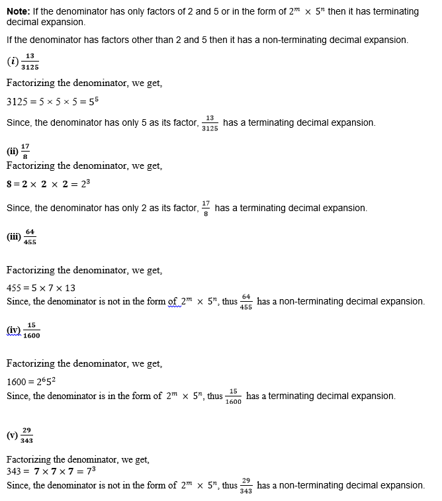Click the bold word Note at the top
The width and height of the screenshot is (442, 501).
pos(19,12)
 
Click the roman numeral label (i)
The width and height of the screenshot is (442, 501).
pos(13,62)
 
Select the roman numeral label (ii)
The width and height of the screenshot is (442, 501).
pos(13,150)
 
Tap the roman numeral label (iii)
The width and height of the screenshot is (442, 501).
pos(14,237)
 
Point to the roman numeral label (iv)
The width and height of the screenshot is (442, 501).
pos(13,330)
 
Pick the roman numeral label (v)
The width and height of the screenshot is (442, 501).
pos(12,435)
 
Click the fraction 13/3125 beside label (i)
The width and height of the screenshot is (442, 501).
pos(30,62)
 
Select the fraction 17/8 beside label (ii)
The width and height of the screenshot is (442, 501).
pos(25,150)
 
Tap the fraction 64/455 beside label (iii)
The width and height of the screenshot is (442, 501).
pos(30,237)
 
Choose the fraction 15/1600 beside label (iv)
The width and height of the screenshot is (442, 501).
pos(31,330)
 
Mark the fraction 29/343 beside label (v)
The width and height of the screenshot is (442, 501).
pos(26,435)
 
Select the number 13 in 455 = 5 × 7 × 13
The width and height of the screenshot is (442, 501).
pos(70,288)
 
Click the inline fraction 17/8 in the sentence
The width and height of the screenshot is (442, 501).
pos(206,208)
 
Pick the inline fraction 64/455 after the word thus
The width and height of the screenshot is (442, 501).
pos(246,302)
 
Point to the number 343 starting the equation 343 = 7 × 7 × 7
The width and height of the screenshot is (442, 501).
pos(15,471)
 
